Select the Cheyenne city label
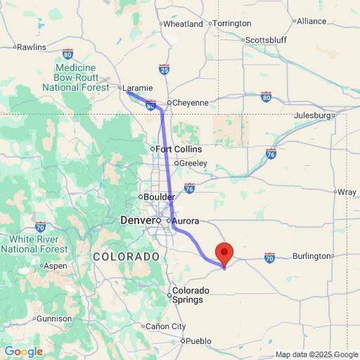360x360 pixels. click(190, 103)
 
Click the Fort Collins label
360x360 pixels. click(179, 149)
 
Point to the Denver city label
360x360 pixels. click(136, 221)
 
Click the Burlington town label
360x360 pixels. click(311, 257)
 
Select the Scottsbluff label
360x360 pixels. click(266, 40)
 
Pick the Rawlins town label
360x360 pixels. click(31, 47)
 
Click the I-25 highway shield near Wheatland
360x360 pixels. click(164, 69)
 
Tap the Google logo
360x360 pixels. click(23, 352)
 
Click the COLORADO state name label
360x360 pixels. click(127, 257)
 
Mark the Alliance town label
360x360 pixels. click(311, 21)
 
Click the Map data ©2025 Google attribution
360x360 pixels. click(316, 354)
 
